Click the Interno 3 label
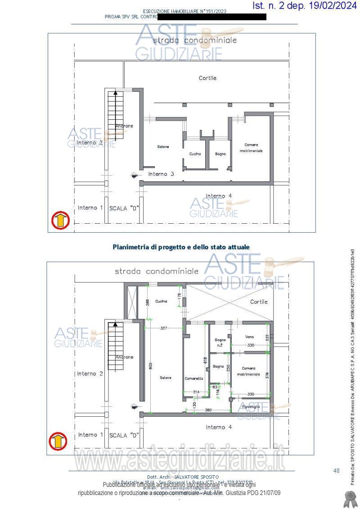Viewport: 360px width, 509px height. [x=161, y=174]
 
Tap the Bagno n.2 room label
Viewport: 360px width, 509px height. [x=220, y=342]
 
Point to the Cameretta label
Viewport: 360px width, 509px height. [x=193, y=378]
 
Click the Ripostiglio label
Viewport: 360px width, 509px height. [x=251, y=407]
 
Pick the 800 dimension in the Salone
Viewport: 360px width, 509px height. [x=150, y=366]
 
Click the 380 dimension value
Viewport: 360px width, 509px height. [x=208, y=410]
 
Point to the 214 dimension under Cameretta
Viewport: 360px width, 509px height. [x=196, y=392]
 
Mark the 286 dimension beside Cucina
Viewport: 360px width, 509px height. [x=147, y=302]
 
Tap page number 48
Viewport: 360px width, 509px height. [x=336, y=471]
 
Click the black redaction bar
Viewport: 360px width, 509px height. [x=211, y=17]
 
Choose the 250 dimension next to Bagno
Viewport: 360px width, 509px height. [x=228, y=367]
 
